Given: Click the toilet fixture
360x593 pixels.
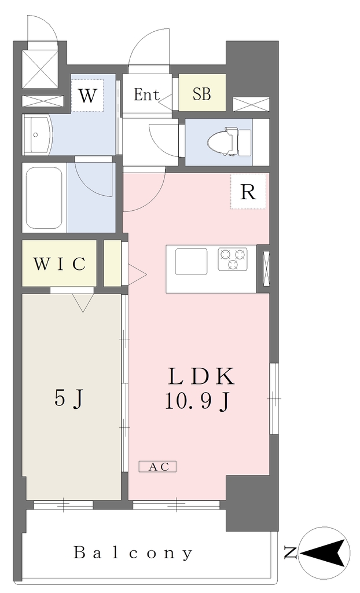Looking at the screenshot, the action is click(229, 142).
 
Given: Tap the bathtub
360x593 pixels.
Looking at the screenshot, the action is click(45, 197).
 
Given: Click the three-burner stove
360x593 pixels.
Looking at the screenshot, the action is click(233, 259).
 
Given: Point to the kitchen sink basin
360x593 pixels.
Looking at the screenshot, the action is click(191, 261).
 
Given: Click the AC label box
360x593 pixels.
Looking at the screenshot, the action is click(157, 466).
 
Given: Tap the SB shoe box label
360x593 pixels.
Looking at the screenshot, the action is click(201, 94).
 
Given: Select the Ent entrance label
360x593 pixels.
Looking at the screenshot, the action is click(147, 94).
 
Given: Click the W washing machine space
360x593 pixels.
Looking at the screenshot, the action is click(87, 96).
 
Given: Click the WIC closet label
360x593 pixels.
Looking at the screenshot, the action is click(60, 263).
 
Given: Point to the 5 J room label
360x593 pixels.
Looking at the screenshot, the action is click(69, 399).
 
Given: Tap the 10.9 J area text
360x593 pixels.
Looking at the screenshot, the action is click(197, 402).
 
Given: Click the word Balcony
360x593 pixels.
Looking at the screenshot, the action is click(133, 553).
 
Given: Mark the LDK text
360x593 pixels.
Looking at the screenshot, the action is click(201, 376).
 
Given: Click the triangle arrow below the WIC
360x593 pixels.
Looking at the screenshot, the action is click(83, 303).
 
